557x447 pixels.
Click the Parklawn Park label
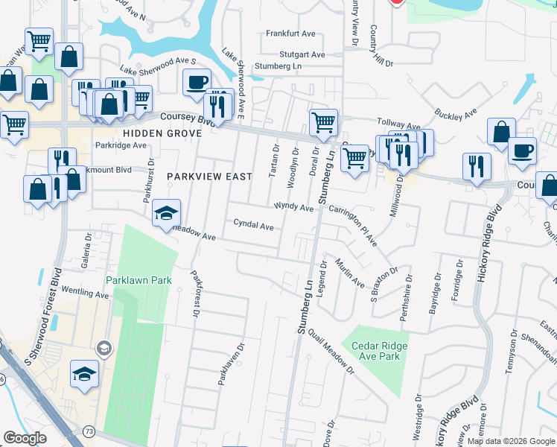tap(139, 281)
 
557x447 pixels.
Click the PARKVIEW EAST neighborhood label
tap(209, 177)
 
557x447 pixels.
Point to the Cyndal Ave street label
tap(254, 223)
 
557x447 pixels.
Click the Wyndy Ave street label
tap(293, 208)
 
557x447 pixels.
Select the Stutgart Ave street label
tap(302, 54)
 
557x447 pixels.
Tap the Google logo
tap(25, 439)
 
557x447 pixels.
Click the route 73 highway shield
tap(89, 431)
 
